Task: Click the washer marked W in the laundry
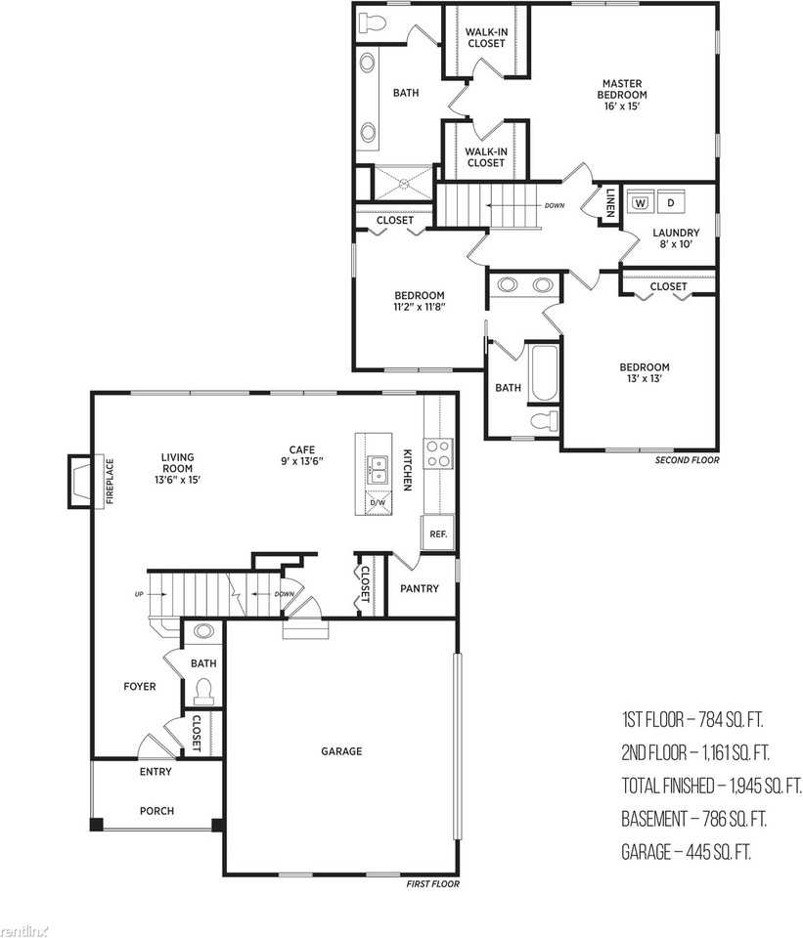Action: click(x=641, y=202)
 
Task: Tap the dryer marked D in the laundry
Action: click(x=671, y=202)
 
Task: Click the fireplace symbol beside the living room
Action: click(x=79, y=482)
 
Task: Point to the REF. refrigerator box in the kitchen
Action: click(x=438, y=533)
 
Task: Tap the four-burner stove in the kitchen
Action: click(x=438, y=452)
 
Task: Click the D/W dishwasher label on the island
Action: click(x=378, y=502)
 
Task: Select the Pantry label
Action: click(x=420, y=588)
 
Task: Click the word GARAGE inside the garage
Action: click(x=341, y=751)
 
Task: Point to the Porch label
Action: click(x=156, y=811)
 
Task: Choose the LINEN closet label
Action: click(x=609, y=203)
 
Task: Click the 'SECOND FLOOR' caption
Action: click(x=687, y=460)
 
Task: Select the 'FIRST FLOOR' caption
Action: click(x=433, y=883)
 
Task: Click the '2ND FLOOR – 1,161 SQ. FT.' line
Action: click(x=695, y=752)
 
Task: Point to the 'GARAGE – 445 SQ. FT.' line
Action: click(x=687, y=851)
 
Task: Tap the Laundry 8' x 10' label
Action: click(x=676, y=238)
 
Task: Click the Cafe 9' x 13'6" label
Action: click(x=302, y=456)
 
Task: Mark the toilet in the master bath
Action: click(x=372, y=23)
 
